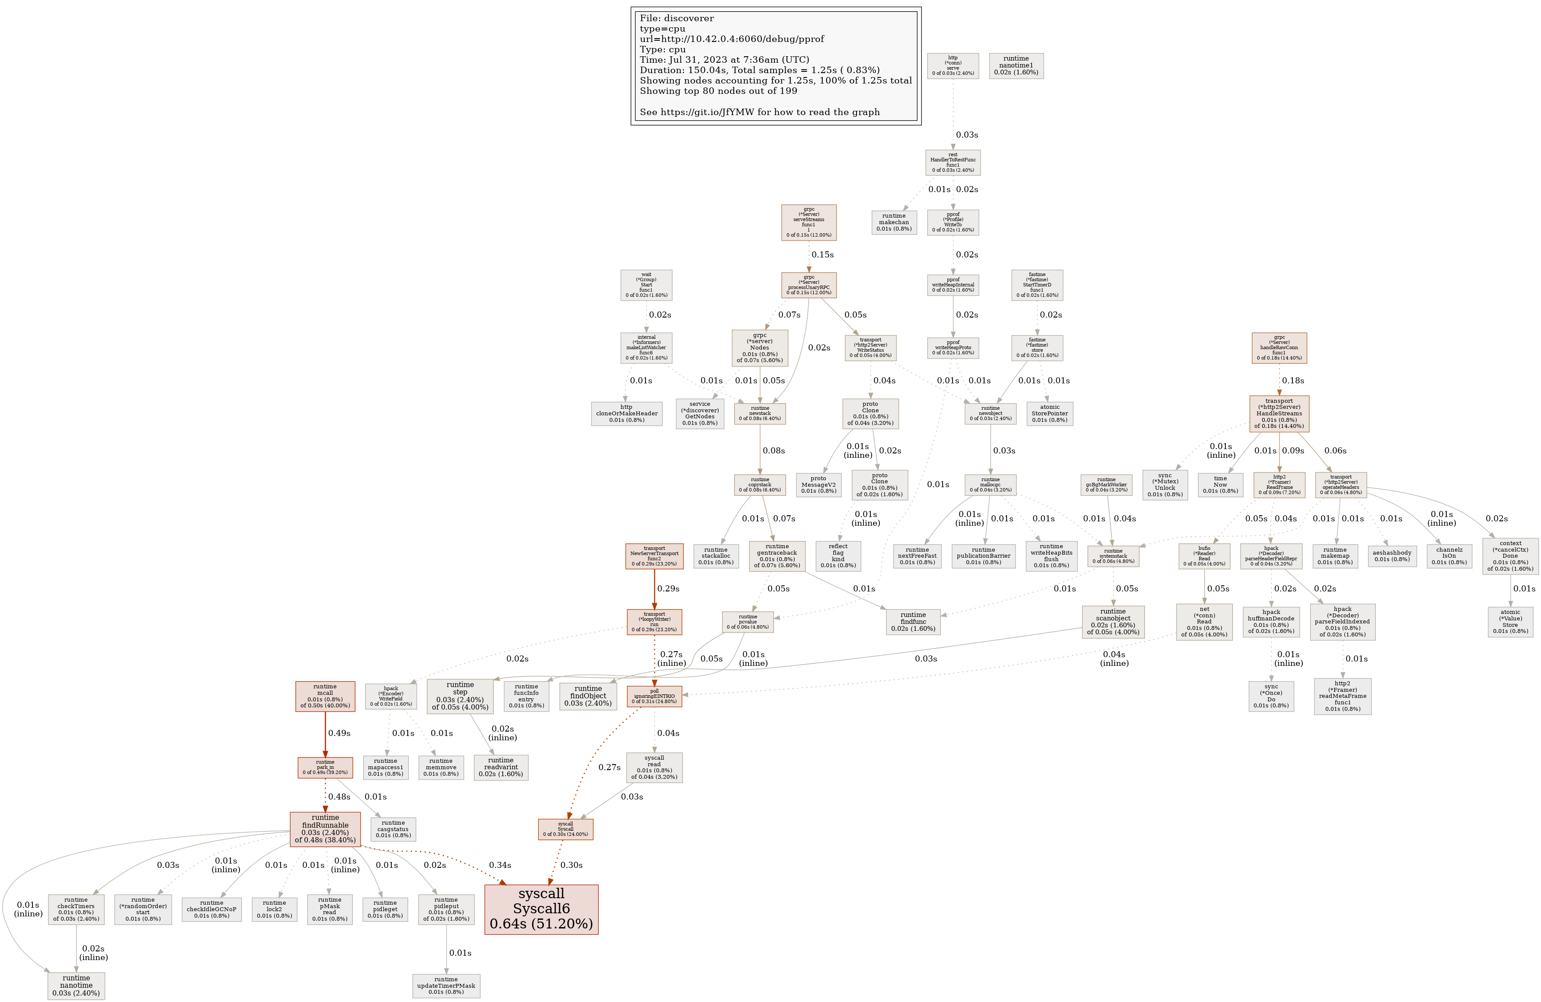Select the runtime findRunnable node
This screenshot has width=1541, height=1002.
(325, 829)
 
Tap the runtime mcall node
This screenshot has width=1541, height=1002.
(325, 696)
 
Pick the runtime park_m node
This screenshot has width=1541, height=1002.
(325, 767)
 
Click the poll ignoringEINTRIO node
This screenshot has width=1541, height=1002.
(654, 696)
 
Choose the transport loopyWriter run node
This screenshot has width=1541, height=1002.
(654, 622)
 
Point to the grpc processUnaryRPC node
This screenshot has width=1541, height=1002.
(809, 285)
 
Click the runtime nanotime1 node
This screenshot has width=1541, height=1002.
(1016, 65)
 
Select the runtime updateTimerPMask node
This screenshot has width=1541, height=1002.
(446, 985)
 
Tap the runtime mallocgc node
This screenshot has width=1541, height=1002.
(990, 485)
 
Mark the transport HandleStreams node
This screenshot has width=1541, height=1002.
(1279, 413)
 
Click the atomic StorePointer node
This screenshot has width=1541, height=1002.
(1049, 413)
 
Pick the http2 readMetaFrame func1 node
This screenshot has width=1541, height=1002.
(1342, 696)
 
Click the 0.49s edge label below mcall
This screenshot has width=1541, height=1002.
(339, 733)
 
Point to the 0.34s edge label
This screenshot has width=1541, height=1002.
(500, 865)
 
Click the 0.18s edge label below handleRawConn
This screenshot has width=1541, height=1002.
(1293, 380)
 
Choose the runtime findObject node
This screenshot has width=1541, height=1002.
(588, 696)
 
